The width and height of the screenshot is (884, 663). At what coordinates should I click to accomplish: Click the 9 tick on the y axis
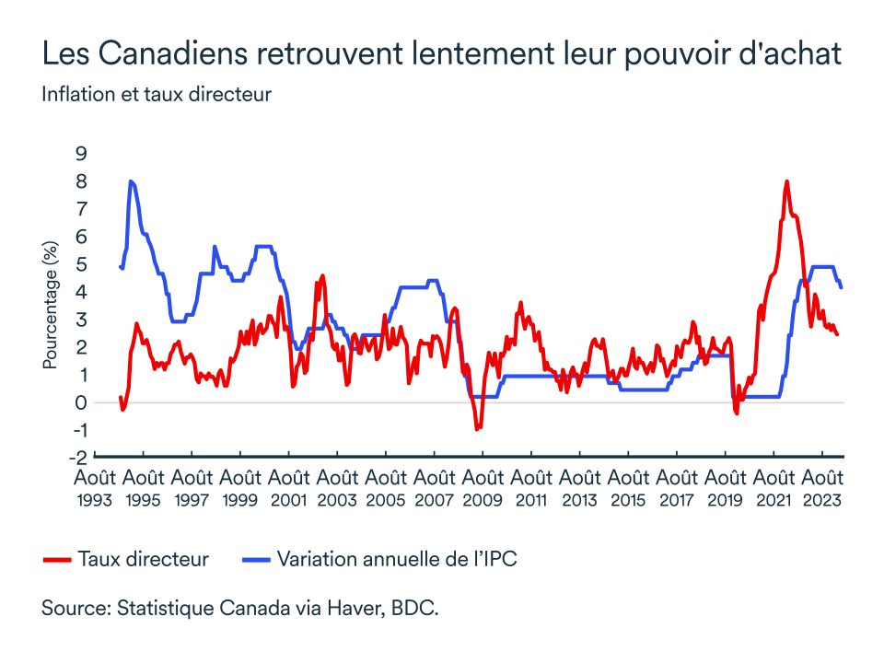pos(81,153)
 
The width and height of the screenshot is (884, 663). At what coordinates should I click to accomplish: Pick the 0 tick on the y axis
pos(81,402)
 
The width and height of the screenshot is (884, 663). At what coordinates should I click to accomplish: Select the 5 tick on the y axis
pos(81,264)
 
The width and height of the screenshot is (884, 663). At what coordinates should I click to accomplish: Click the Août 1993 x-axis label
pos(95,488)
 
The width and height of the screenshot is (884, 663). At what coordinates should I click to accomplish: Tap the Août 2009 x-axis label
pos(483,488)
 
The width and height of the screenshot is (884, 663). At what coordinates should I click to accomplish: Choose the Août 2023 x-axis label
pos(822,488)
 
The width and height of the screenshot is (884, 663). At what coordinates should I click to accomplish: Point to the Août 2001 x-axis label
pos(288,488)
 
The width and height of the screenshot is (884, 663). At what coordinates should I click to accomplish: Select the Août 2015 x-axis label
pos(628,488)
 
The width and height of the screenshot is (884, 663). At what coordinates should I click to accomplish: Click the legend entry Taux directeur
pos(144,559)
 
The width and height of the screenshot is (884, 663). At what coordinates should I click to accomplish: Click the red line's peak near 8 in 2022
pos(786,181)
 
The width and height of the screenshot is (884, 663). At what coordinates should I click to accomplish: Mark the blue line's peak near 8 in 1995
pos(131,181)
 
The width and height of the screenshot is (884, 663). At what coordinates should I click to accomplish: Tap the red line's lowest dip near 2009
pos(477,429)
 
